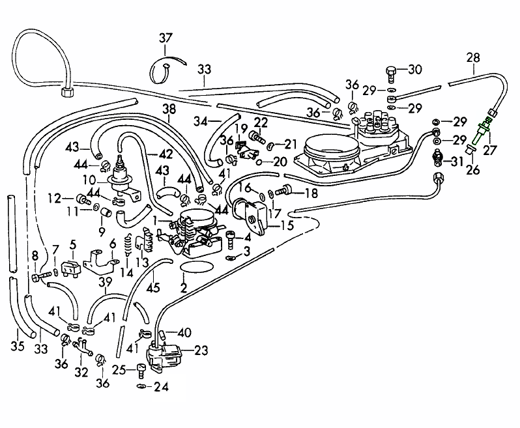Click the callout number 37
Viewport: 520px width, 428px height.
[x=165, y=38]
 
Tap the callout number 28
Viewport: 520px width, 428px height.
[x=474, y=58]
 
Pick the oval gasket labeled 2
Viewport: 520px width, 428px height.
[x=196, y=268]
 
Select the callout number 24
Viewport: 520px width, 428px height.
[x=160, y=387]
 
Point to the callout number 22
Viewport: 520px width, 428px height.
[x=261, y=122]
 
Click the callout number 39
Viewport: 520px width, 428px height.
[x=104, y=281]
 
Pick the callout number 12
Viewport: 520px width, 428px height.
[x=54, y=197]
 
